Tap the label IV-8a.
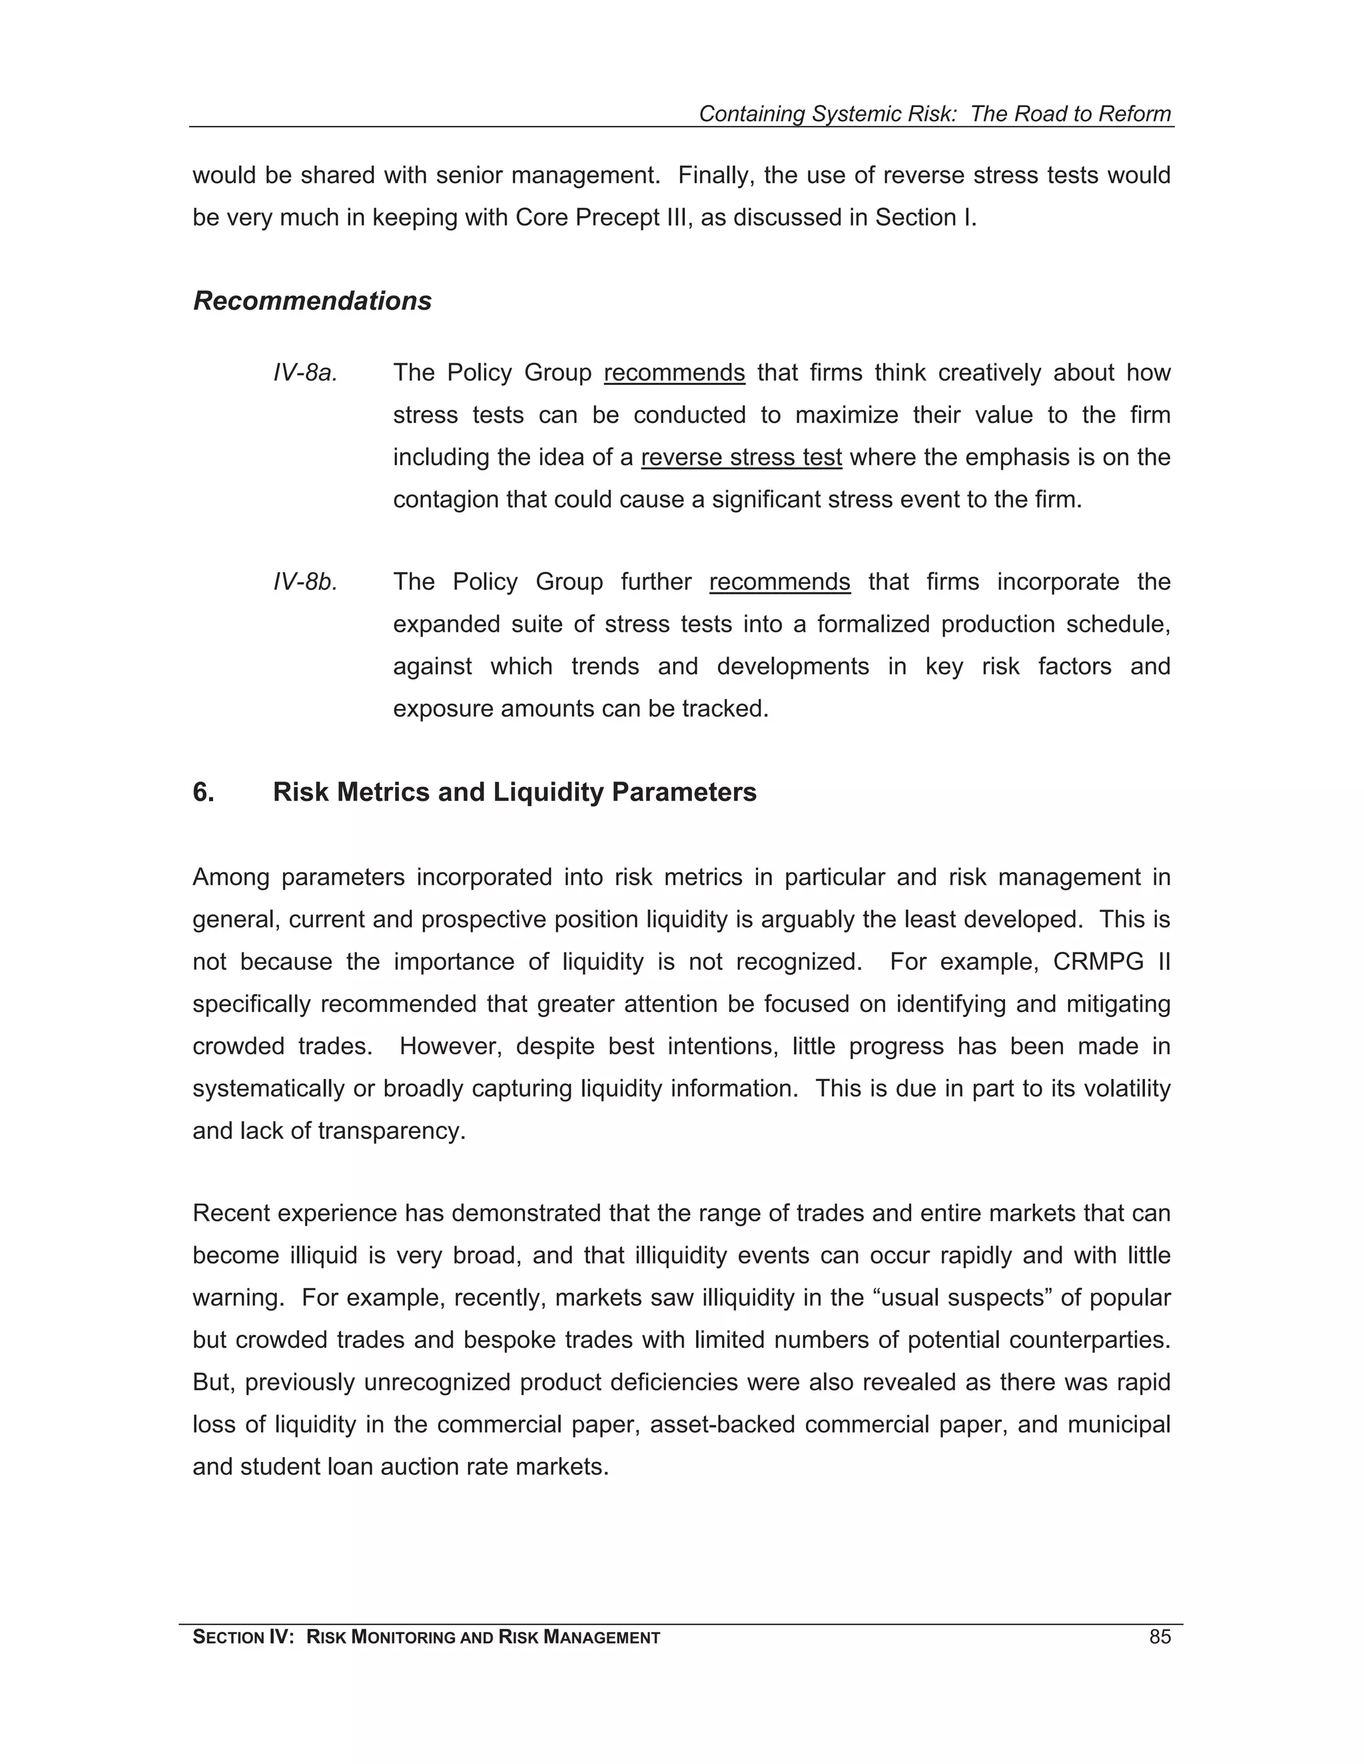point(304,373)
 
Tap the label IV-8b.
point(304,582)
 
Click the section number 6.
point(203,792)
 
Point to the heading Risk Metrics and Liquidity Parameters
point(514,792)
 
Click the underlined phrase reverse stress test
point(741,458)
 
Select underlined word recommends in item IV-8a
point(674,373)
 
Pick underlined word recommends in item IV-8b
point(780,582)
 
